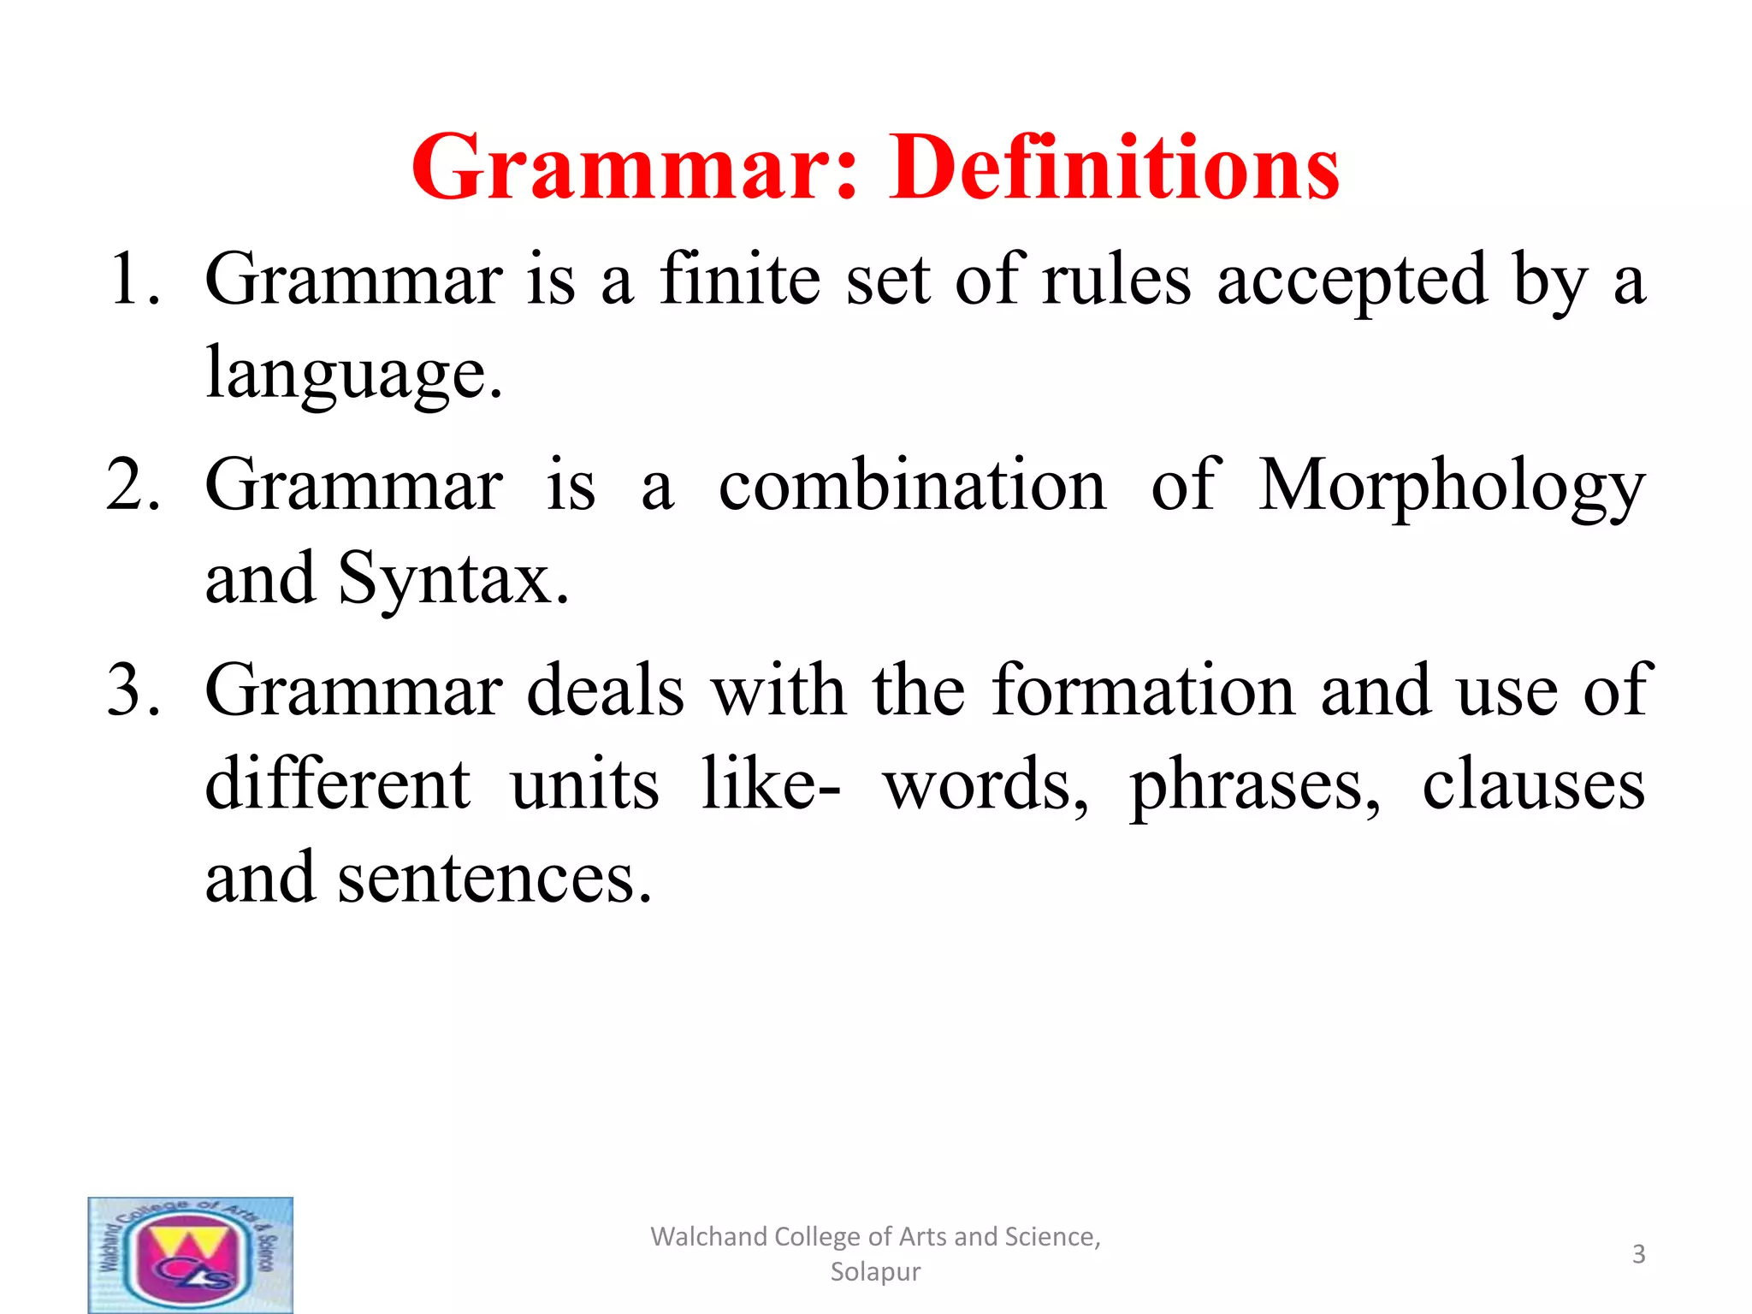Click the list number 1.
133,279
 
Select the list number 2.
133,485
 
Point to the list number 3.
133,690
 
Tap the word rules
1116,281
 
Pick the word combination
912,485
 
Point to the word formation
1144,690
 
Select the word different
338,784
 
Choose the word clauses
1533,785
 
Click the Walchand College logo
191,1254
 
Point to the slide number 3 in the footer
1638,1254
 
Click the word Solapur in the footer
875,1272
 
